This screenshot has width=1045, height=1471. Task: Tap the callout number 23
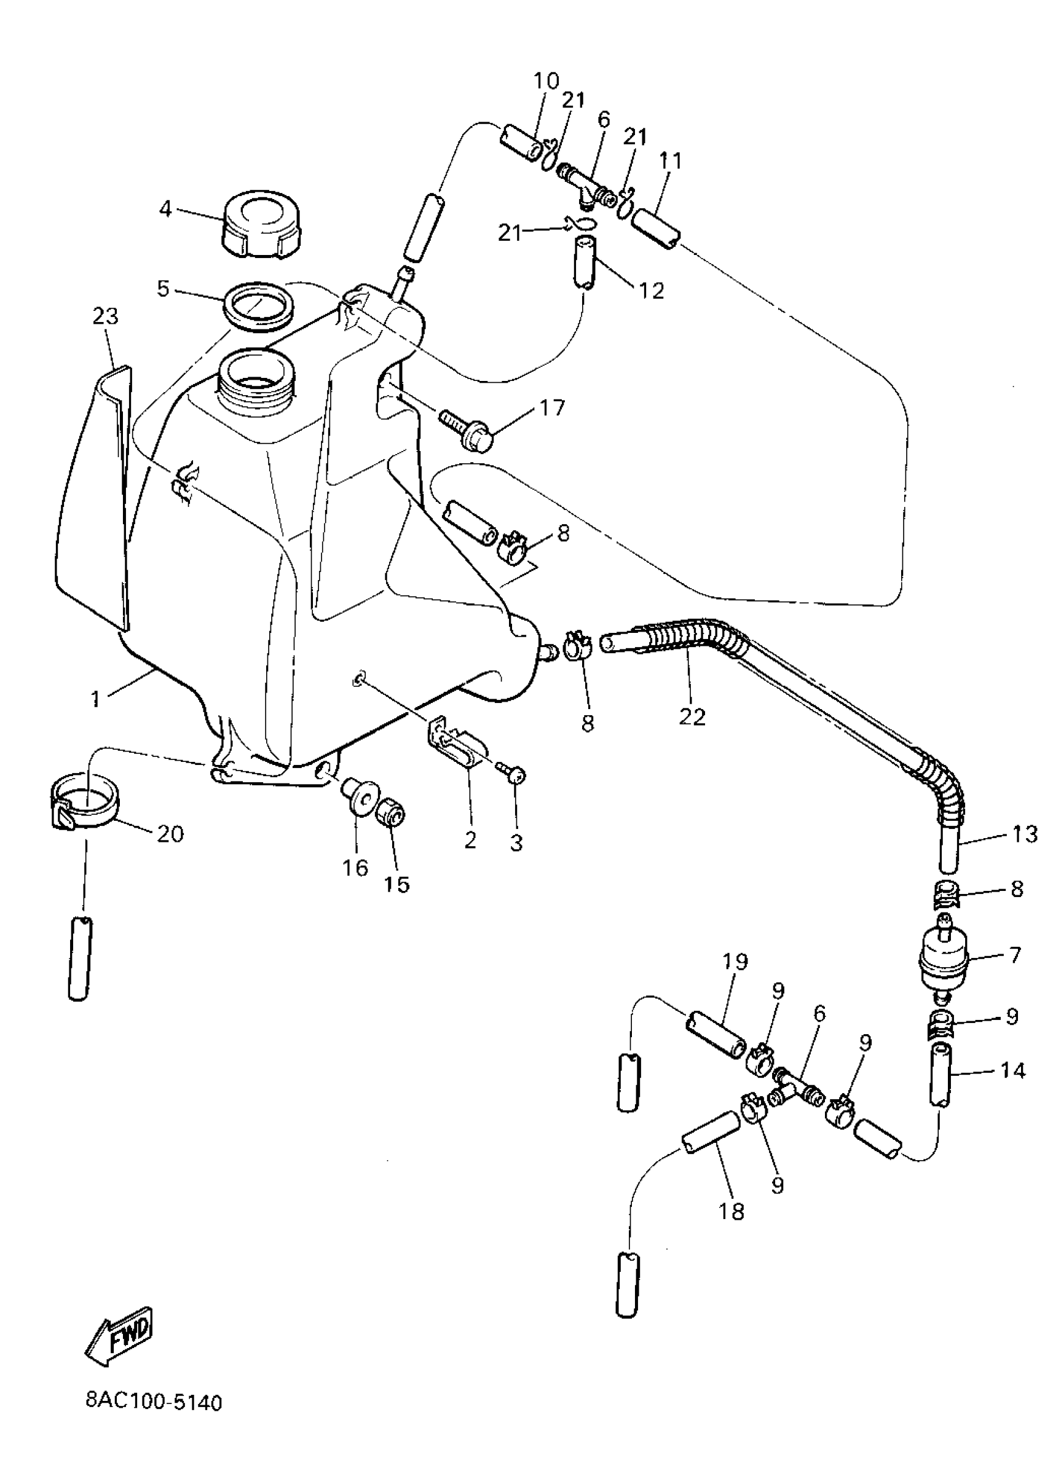pyautogui.click(x=106, y=316)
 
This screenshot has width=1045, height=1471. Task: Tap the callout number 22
pyautogui.click(x=692, y=716)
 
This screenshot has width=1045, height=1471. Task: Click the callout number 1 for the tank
pyautogui.click(x=96, y=699)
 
